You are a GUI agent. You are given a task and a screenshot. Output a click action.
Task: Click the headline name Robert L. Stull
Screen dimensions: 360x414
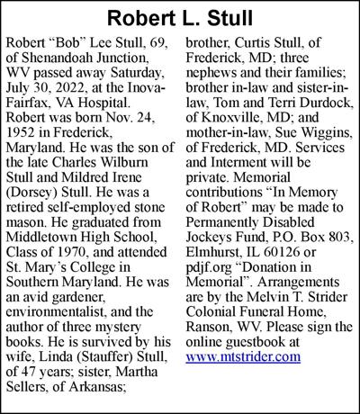point(179,17)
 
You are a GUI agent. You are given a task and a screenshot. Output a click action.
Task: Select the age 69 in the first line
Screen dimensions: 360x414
point(160,42)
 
